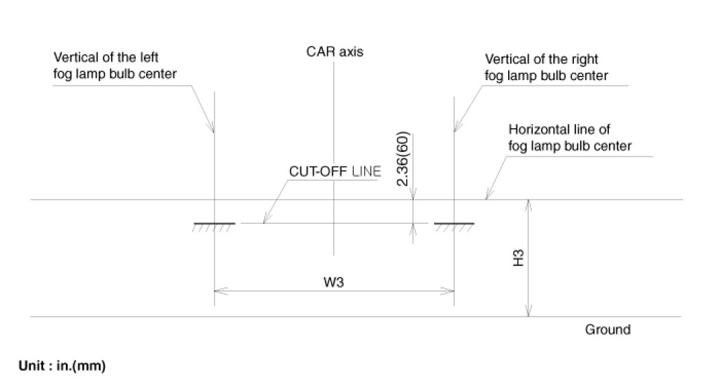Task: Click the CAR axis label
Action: pyautogui.click(x=335, y=51)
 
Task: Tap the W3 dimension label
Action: pyautogui.click(x=335, y=282)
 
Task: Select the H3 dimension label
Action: pyautogui.click(x=519, y=258)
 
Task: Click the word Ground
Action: pyautogui.click(x=608, y=329)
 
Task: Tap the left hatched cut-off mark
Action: pyautogui.click(x=215, y=226)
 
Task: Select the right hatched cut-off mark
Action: pyautogui.click(x=455, y=226)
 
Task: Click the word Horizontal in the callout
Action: pyautogui.click(x=534, y=129)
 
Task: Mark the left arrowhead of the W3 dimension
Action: pyautogui.click(x=219, y=290)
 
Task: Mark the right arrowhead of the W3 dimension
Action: pyautogui.click(x=451, y=290)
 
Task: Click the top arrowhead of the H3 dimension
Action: pyautogui.click(x=528, y=204)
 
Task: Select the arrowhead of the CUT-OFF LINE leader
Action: pyautogui.click(x=265, y=220)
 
